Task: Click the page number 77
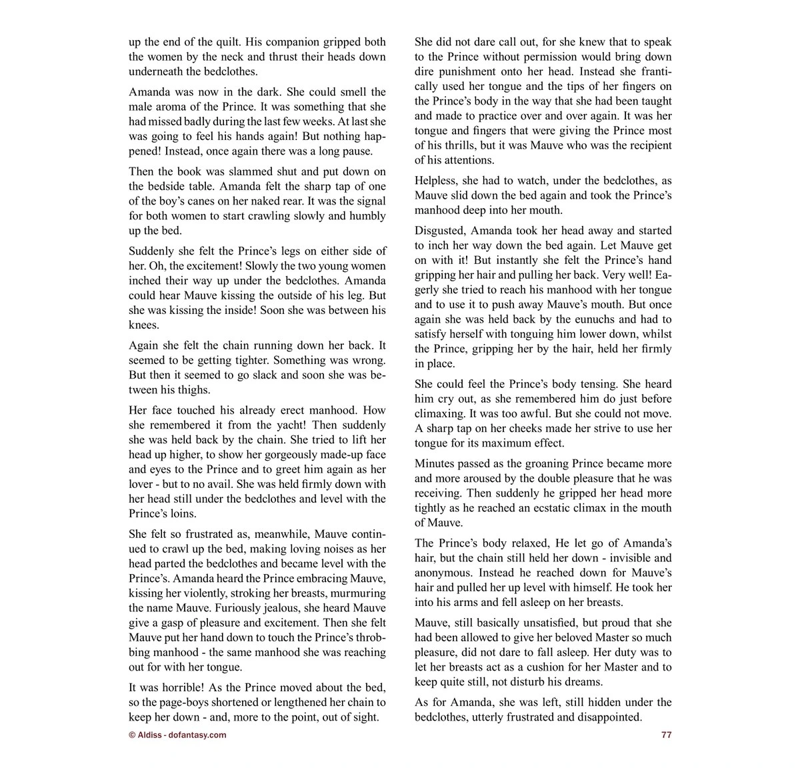click(666, 735)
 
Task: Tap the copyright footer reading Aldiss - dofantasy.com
click(177, 735)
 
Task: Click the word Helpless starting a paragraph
click(437, 181)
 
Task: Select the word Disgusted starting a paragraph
click(440, 230)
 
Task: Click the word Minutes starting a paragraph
click(436, 463)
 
